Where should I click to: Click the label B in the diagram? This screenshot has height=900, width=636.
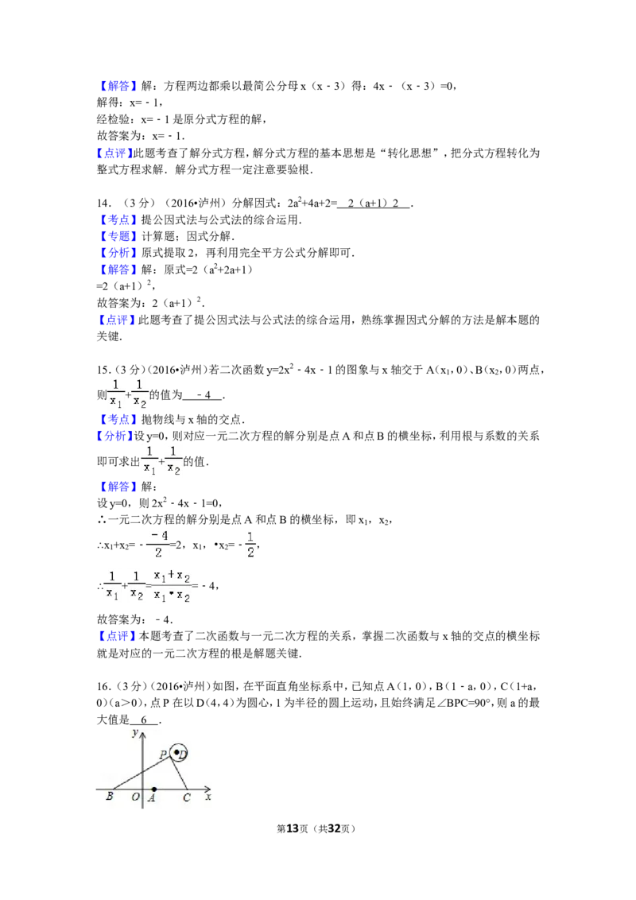(109, 797)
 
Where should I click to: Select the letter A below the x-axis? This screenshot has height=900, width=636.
(151, 798)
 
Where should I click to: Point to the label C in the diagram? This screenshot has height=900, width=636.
(187, 797)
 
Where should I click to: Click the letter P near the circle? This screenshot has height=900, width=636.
(163, 755)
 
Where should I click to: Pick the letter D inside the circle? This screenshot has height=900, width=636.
(182, 755)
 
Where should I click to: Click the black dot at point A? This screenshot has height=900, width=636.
(153, 789)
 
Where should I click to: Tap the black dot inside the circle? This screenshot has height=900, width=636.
(176, 751)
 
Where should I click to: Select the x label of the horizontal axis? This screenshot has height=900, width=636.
(208, 797)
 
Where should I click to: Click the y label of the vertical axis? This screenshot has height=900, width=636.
(136, 731)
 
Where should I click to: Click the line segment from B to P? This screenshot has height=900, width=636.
(139, 774)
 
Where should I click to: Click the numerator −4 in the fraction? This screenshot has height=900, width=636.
(158, 536)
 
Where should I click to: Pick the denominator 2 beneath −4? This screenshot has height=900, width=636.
(158, 552)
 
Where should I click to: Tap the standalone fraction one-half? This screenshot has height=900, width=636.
(251, 544)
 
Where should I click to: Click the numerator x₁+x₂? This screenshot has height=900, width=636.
(171, 576)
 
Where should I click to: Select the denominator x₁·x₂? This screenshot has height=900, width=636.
(171, 595)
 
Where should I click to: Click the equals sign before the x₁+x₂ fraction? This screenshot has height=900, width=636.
(149, 586)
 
